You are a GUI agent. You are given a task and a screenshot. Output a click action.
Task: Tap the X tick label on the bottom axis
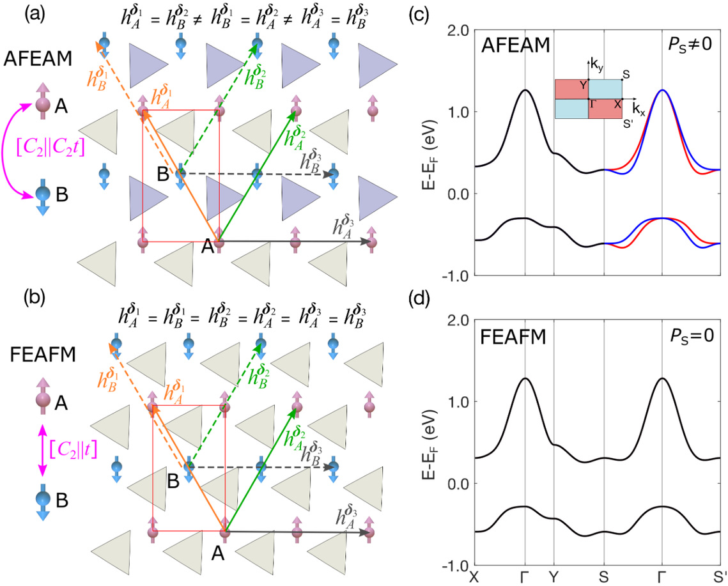(x=474, y=576)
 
